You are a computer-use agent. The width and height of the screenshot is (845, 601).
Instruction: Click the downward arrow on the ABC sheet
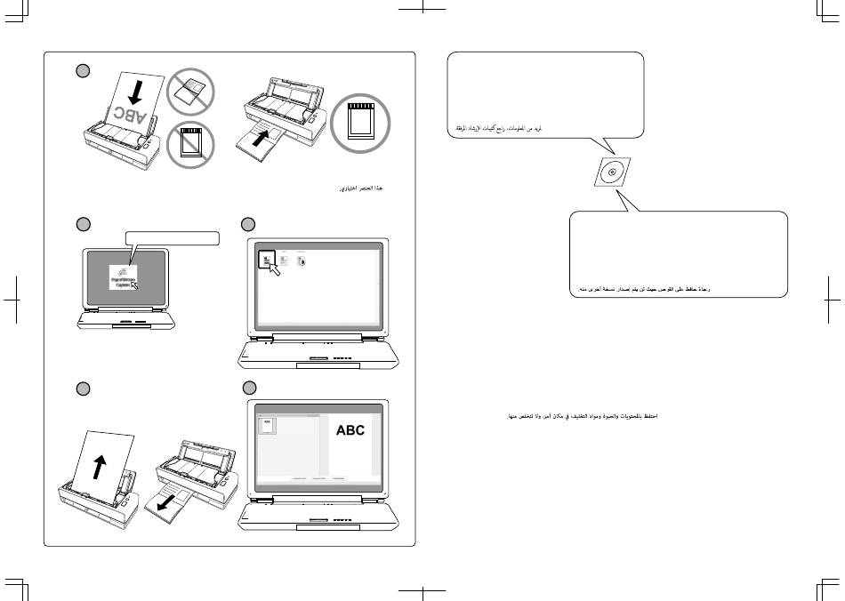pyautogui.click(x=133, y=90)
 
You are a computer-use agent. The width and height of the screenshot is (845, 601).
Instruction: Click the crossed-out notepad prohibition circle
pyautogui.click(x=189, y=143)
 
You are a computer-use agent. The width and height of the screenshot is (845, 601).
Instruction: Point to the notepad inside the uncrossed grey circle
pyautogui.click(x=361, y=123)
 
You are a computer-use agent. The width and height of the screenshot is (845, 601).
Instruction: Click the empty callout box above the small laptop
pyautogui.click(x=173, y=237)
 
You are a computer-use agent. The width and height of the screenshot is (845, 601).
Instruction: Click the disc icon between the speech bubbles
pyautogui.click(x=611, y=172)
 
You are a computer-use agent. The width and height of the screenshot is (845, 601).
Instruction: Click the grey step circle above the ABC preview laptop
pyautogui.click(x=250, y=388)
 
